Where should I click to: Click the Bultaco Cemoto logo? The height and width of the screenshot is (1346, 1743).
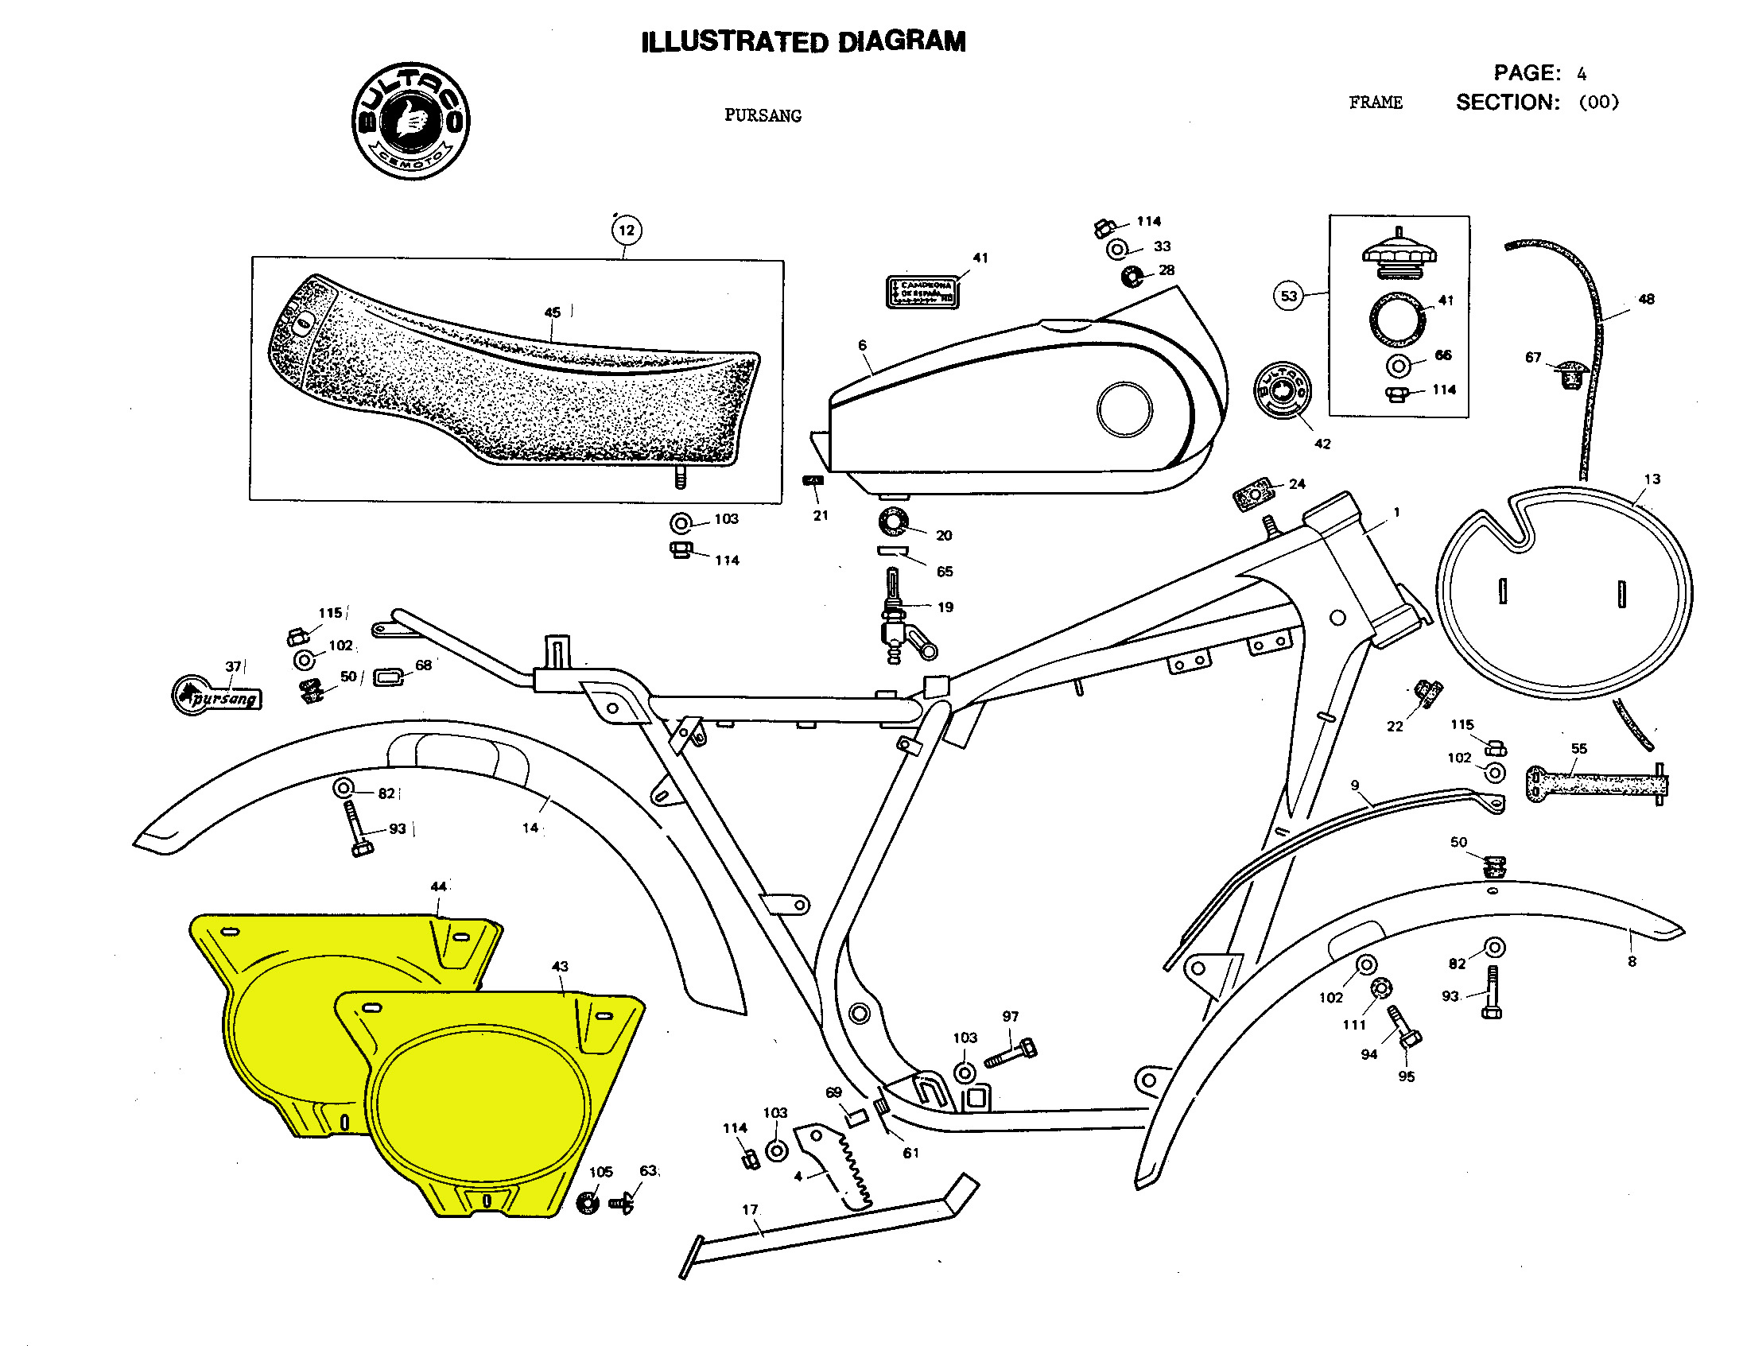click(x=411, y=121)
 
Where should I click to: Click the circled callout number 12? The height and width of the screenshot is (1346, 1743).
click(x=627, y=231)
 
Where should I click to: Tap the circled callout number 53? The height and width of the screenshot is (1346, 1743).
click(x=1288, y=296)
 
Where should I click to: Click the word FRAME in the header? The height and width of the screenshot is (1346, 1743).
click(x=1375, y=103)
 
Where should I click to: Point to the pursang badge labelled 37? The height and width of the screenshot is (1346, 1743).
click(x=217, y=696)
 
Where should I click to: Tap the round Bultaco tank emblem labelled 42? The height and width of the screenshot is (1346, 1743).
click(x=1281, y=390)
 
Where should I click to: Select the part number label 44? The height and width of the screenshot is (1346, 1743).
click(x=438, y=886)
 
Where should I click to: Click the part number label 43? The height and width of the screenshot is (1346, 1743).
click(x=561, y=966)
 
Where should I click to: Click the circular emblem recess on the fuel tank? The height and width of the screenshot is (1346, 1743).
click(x=1124, y=409)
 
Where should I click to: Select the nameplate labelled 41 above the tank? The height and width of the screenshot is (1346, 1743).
click(x=922, y=292)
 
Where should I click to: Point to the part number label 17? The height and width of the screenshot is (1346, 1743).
click(x=749, y=1209)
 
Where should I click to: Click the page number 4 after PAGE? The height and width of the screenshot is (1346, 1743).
click(x=1582, y=74)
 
